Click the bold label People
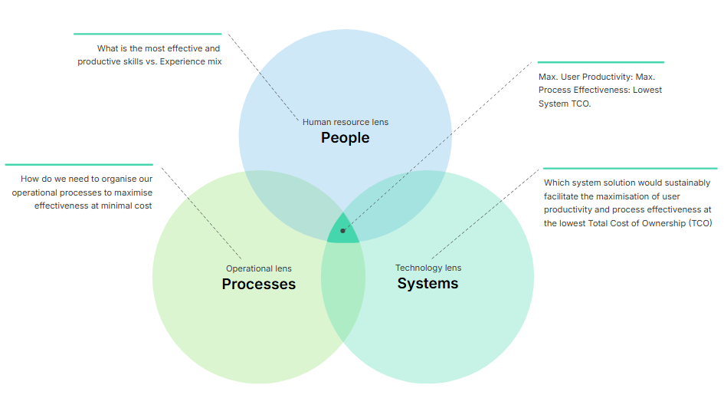(x=345, y=138)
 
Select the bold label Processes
(x=258, y=285)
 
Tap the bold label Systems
(x=428, y=284)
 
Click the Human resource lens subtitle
(x=345, y=122)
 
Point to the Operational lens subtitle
(x=258, y=268)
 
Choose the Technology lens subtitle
(x=428, y=268)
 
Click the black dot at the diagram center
(x=342, y=231)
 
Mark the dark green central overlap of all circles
(x=342, y=235)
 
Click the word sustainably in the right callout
(x=686, y=183)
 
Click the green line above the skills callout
(x=147, y=34)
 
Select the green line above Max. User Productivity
(x=600, y=62)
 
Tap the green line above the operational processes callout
(x=79, y=164)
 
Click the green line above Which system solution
(x=629, y=168)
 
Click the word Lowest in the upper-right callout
(x=647, y=90)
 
